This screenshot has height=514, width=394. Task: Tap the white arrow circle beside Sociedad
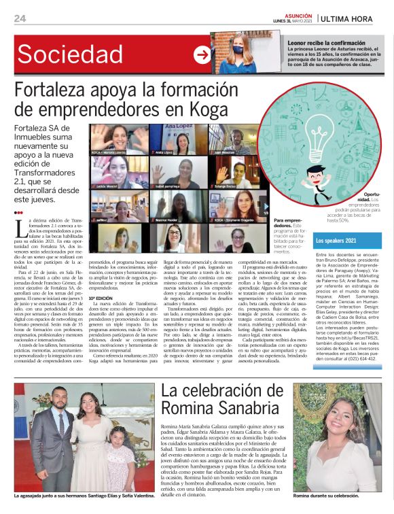[202, 55]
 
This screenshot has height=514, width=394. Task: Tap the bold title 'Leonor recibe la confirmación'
[326, 42]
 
